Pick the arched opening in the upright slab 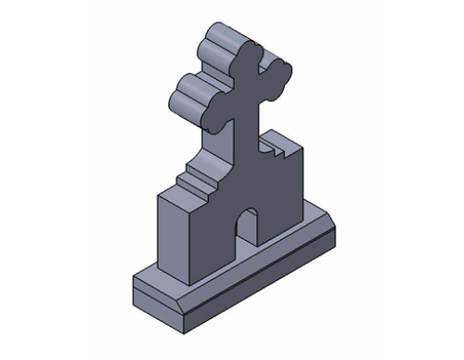[248, 232]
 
